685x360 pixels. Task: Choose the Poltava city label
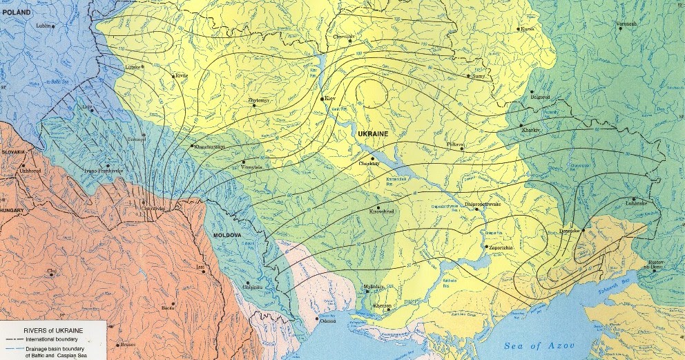pos(457,144)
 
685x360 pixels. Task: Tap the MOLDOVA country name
pos(224,236)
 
